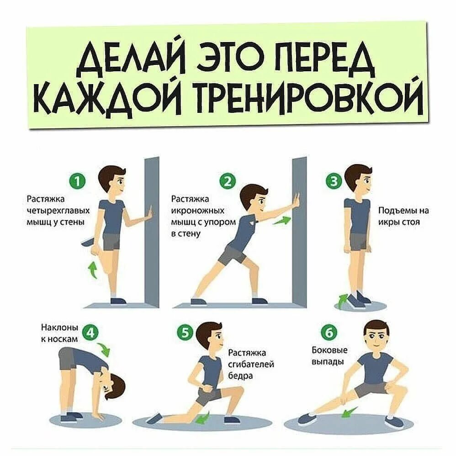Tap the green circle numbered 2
coord(227,182)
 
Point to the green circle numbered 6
coord(328,335)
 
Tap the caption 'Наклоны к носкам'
coord(60,333)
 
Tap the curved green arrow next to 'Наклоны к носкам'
coord(106,349)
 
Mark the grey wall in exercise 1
coord(151,228)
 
